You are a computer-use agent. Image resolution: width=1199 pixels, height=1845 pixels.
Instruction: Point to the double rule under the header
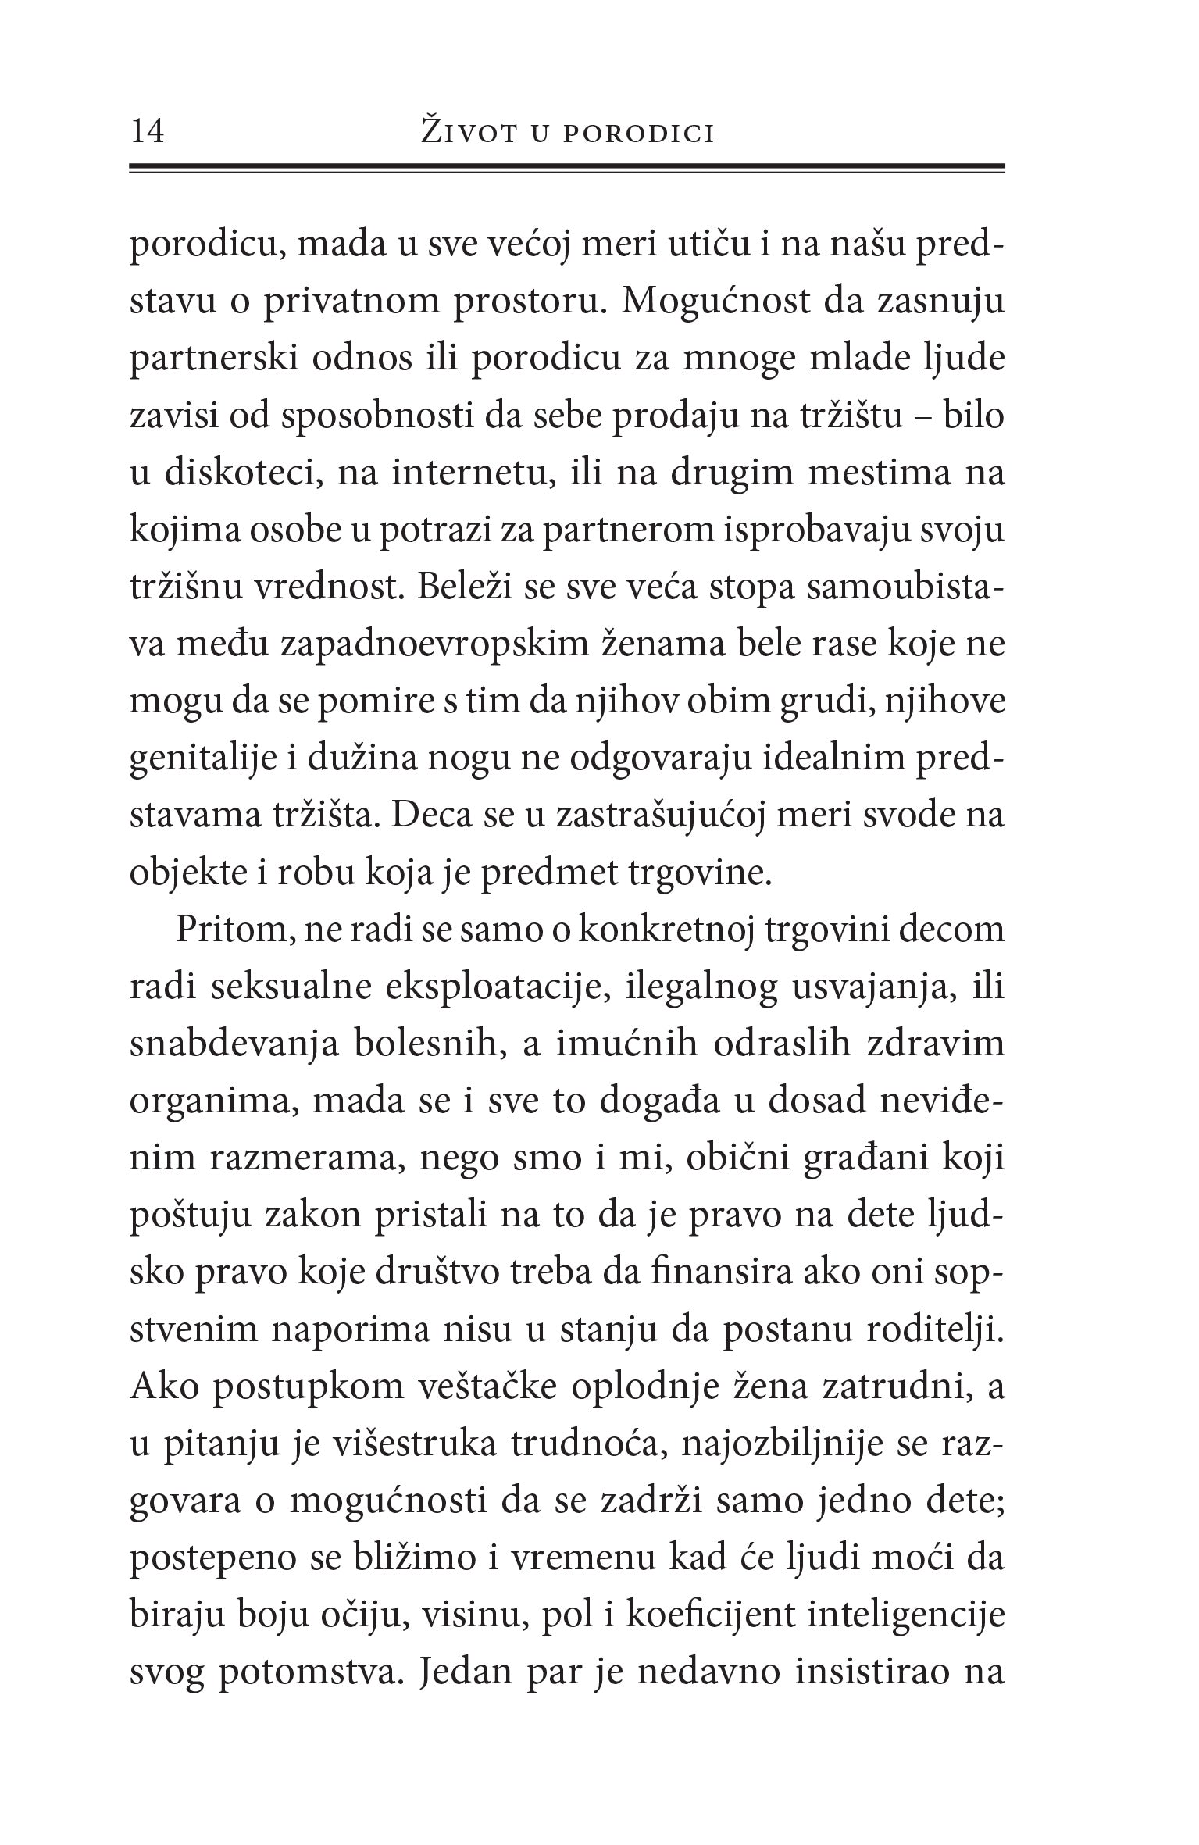click(x=566, y=168)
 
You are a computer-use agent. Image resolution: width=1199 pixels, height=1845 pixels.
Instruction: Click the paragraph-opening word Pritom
click(x=224, y=931)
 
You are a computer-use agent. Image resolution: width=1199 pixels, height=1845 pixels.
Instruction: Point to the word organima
click(x=209, y=1102)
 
